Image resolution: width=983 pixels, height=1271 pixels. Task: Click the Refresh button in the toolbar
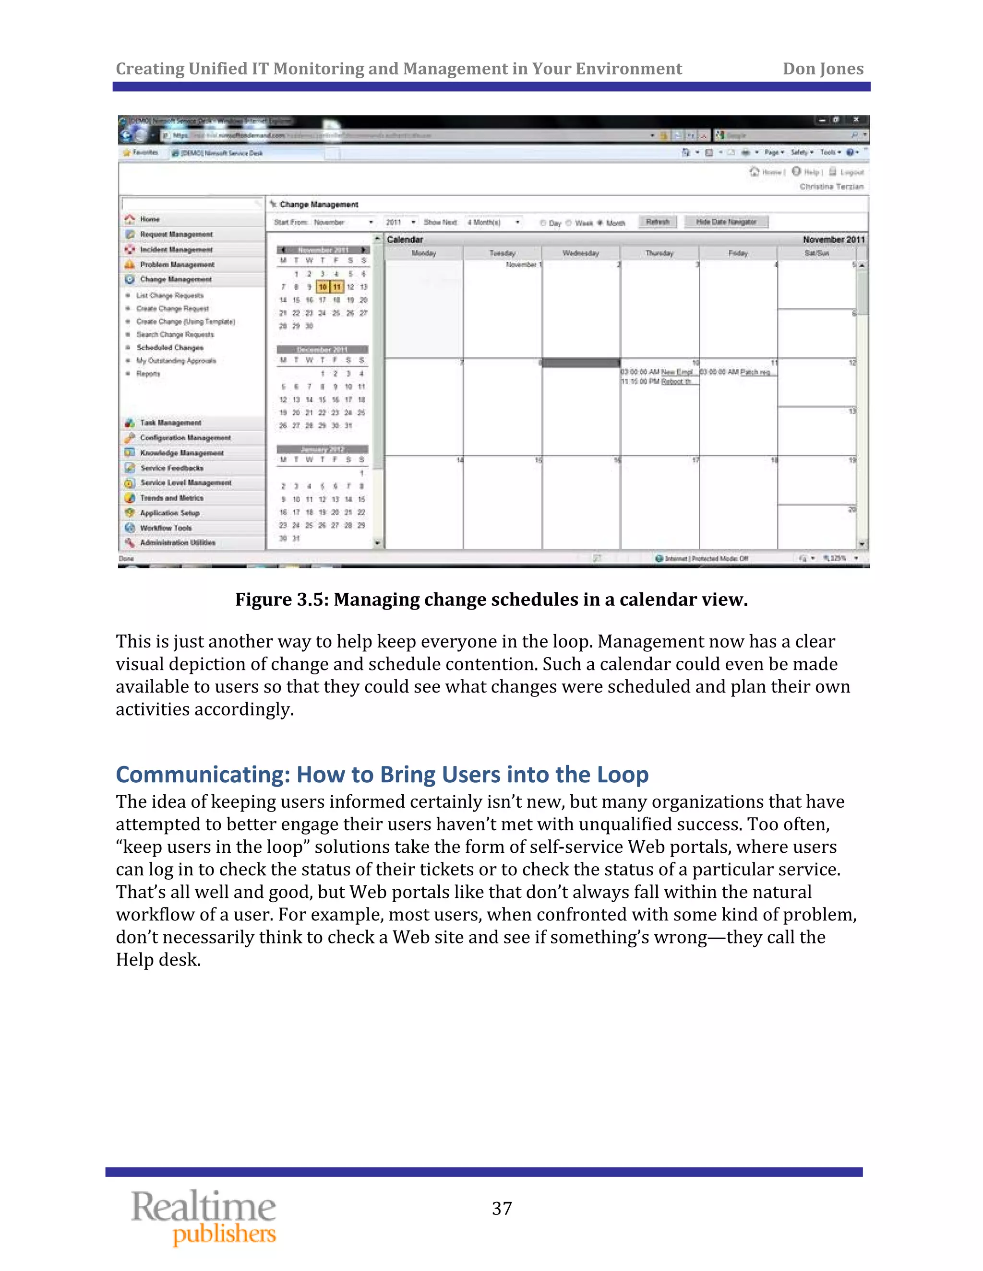658,222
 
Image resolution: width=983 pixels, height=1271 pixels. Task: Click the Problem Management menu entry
177,264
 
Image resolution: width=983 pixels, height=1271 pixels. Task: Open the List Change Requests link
169,295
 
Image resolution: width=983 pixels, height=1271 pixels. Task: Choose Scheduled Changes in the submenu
169,347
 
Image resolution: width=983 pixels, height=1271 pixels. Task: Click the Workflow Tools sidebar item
166,528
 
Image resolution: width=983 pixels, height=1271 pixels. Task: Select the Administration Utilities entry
177,542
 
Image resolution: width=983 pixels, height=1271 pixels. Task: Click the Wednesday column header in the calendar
581,253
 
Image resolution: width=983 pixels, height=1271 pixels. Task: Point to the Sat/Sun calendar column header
816,253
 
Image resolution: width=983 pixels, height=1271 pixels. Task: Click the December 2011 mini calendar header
322,349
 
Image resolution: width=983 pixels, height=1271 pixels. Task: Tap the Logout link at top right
851,172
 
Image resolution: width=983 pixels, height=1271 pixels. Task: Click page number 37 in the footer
502,1209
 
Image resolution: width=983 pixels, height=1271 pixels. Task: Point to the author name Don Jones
822,69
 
